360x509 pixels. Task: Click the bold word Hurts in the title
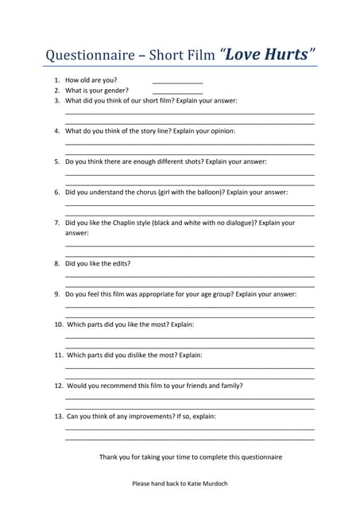tap(283, 54)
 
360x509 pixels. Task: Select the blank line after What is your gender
tap(177, 93)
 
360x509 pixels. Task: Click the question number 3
tap(57, 101)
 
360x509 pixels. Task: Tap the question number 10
tap(59, 324)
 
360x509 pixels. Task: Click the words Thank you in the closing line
tap(113, 457)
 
